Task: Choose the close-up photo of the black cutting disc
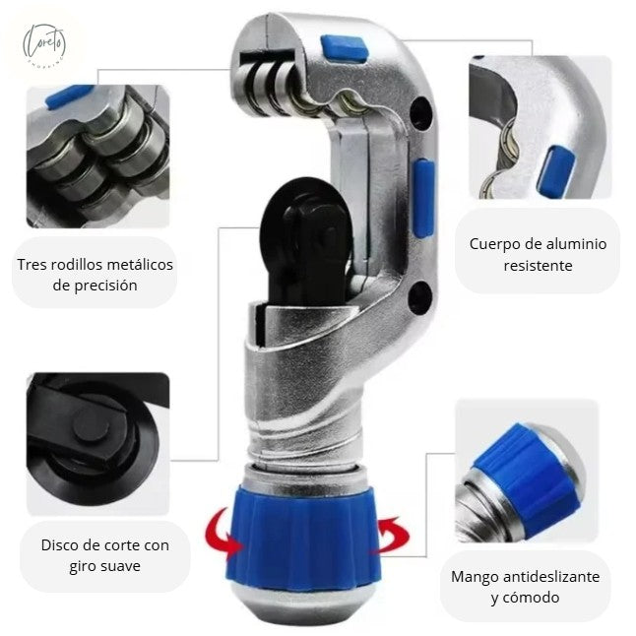click(x=96, y=443)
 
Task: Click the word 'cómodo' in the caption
click(x=533, y=598)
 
